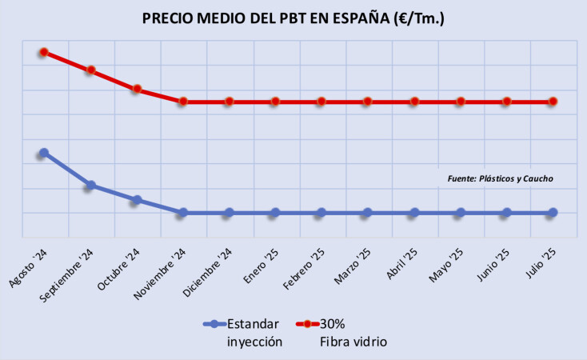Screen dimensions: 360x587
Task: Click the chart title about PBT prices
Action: click(293, 18)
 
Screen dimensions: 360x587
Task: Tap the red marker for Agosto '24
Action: click(44, 52)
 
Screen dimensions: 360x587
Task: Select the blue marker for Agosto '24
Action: click(44, 152)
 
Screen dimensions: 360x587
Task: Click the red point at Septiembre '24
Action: click(91, 70)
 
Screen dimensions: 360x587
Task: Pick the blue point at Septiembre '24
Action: click(91, 186)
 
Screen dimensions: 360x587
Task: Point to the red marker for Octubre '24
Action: click(137, 89)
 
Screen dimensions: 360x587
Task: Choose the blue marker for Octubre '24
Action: click(137, 200)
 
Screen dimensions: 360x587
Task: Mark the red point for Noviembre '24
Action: click(183, 102)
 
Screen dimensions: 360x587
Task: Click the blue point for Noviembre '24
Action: click(183, 213)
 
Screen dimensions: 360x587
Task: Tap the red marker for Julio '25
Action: click(553, 102)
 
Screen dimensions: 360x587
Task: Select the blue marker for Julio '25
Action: click(553, 213)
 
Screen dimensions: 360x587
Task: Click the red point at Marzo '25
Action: click(367, 102)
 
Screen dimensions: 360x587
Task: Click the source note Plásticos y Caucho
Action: click(500, 178)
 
